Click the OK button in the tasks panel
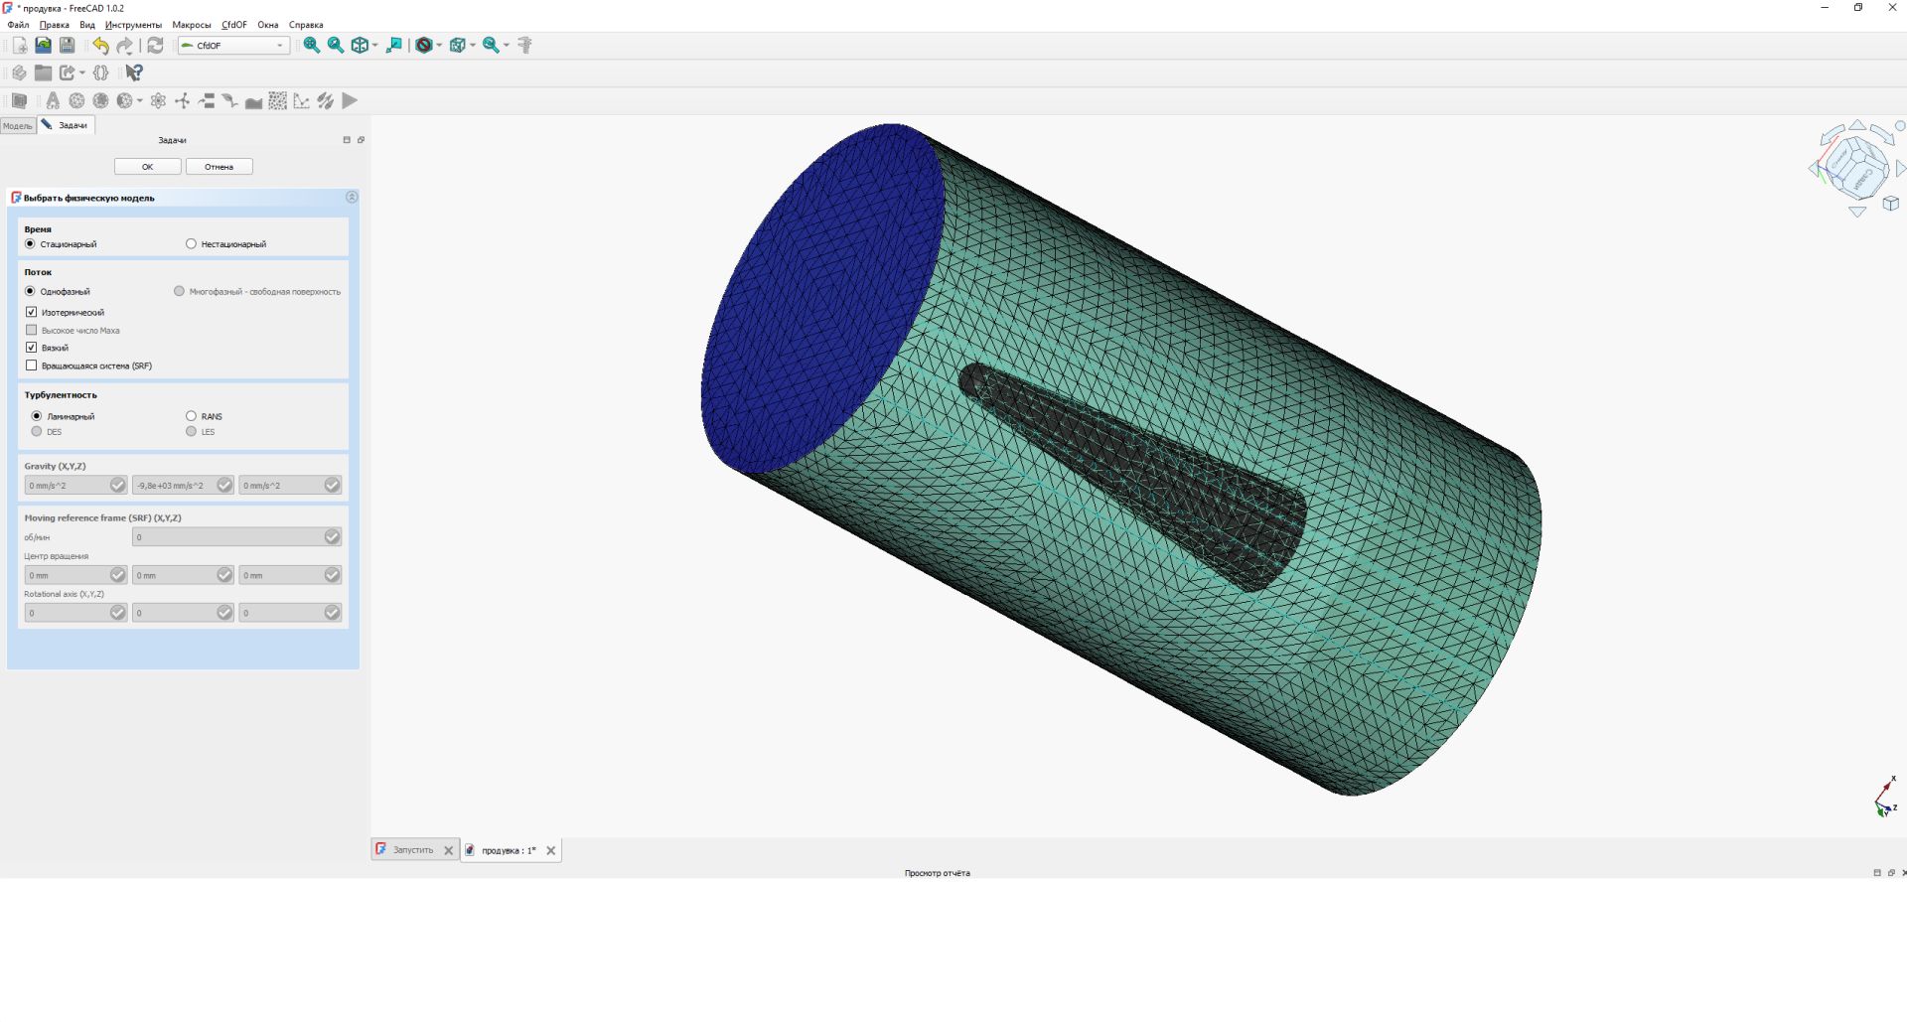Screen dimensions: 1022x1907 147,167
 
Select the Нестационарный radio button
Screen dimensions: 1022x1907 192,244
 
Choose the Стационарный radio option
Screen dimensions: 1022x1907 30,244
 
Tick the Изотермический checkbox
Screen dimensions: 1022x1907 32,312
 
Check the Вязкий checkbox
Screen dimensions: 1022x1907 32,348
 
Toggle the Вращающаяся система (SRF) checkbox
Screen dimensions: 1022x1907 32,365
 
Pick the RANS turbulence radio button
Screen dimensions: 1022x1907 192,416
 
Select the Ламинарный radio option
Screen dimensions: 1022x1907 37,416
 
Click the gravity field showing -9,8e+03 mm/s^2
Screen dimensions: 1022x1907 175,486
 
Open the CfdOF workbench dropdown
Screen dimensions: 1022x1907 233,46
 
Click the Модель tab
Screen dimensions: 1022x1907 17,126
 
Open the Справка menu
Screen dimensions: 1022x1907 306,25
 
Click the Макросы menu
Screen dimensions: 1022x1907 191,25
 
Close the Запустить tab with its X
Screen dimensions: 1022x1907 448,850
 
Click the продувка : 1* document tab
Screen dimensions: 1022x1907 508,850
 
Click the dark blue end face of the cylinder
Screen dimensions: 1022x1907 820,298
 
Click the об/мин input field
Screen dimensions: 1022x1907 228,537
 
